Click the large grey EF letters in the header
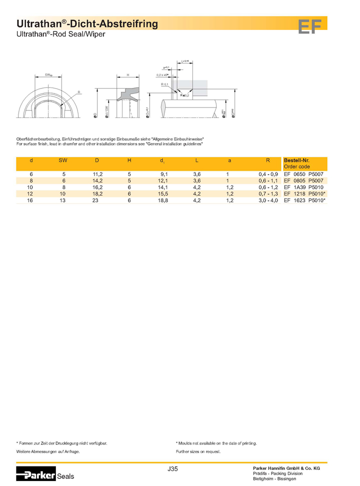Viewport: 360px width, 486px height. [309, 26]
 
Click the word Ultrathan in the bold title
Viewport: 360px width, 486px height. [38, 23]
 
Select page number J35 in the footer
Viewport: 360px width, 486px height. [172, 468]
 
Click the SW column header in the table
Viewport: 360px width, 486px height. [63, 161]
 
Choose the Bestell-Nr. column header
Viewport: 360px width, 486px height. [296, 160]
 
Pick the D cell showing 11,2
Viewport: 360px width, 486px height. [98, 174]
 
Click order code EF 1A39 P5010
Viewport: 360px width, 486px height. [304, 187]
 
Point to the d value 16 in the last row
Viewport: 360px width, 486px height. [31, 200]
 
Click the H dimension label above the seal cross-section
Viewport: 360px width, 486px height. [128, 75]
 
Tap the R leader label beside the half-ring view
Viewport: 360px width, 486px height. [79, 92]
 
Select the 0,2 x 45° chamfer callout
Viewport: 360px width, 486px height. [162, 75]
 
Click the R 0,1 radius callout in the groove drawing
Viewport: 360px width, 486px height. [165, 84]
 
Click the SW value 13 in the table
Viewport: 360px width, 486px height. [63, 200]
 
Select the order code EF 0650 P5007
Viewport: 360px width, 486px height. [304, 174]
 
